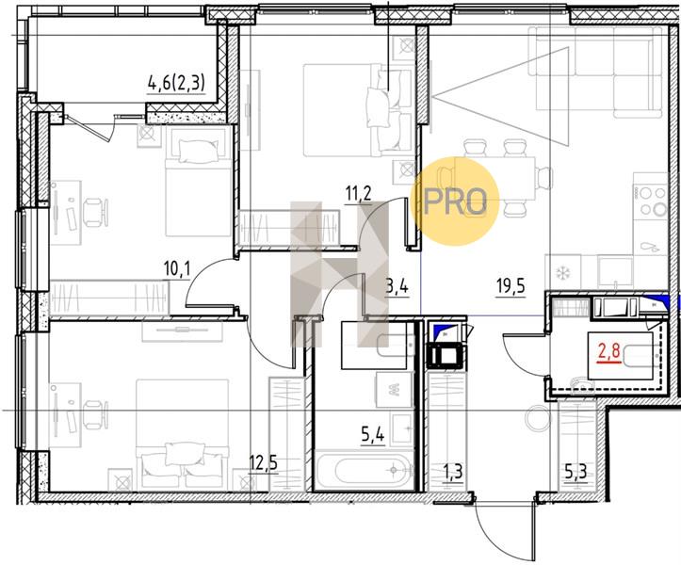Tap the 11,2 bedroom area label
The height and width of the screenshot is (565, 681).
click(359, 194)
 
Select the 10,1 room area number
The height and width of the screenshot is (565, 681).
click(177, 270)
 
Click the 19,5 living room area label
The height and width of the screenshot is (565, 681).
click(511, 287)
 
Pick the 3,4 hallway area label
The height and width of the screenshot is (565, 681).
click(397, 287)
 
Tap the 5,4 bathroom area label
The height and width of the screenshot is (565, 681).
click(373, 435)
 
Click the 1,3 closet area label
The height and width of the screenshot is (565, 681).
click(453, 471)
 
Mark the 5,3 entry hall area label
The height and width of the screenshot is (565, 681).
click(576, 471)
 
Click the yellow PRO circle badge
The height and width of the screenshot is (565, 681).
click(455, 202)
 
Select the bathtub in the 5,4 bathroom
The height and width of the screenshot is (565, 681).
click(364, 471)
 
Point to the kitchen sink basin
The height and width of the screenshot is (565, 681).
click(615, 272)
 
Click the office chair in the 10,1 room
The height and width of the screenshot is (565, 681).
click(95, 212)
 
